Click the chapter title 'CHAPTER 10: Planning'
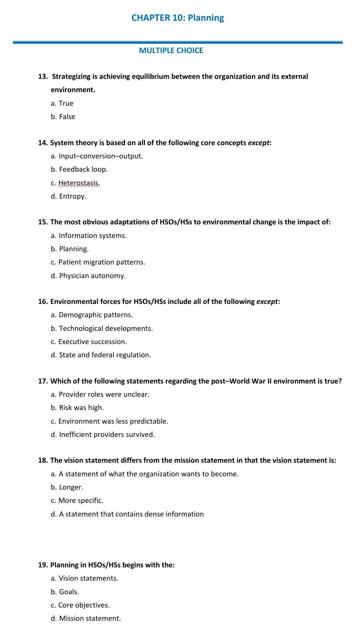point(177,18)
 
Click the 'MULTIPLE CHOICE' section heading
point(171,51)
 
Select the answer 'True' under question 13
point(66,104)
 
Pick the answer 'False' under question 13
point(67,117)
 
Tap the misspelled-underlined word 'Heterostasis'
point(79,183)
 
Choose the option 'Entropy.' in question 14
point(72,196)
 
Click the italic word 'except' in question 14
point(258,143)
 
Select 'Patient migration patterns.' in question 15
point(101,262)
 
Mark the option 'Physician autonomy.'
point(92,276)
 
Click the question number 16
point(43,302)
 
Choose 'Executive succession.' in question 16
point(93,342)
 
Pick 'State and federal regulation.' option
point(105,355)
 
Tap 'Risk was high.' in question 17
point(81,408)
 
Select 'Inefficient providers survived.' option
point(106,435)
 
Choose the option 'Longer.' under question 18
point(71,487)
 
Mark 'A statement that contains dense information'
point(131,514)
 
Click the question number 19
point(43,565)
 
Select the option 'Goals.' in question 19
point(69,592)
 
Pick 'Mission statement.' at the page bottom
point(90,619)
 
